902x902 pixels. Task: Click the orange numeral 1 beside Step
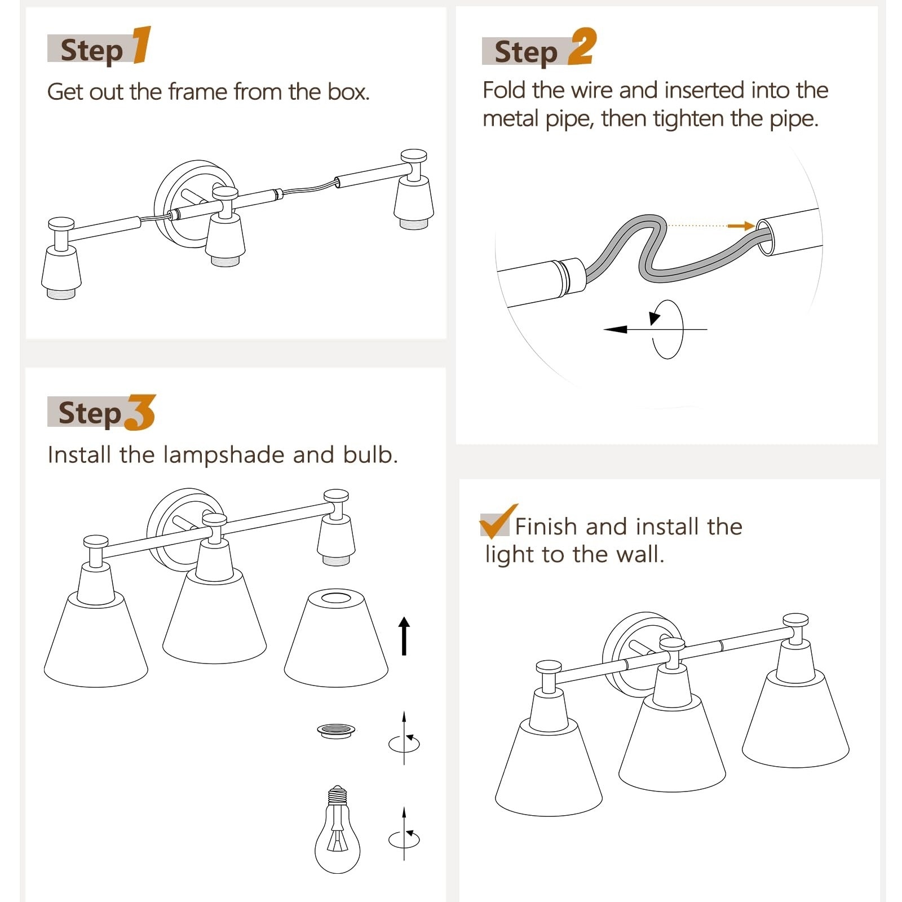coord(142,45)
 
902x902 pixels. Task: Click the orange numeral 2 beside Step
coord(582,46)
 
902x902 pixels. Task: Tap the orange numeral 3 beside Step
coord(140,412)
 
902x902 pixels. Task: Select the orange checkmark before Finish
coord(498,521)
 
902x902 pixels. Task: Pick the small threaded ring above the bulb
coord(337,731)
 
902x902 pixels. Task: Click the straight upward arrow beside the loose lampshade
coord(404,636)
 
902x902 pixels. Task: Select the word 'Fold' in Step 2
coord(504,90)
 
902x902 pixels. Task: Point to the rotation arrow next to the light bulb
coord(404,836)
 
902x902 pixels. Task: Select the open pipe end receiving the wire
coord(765,237)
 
